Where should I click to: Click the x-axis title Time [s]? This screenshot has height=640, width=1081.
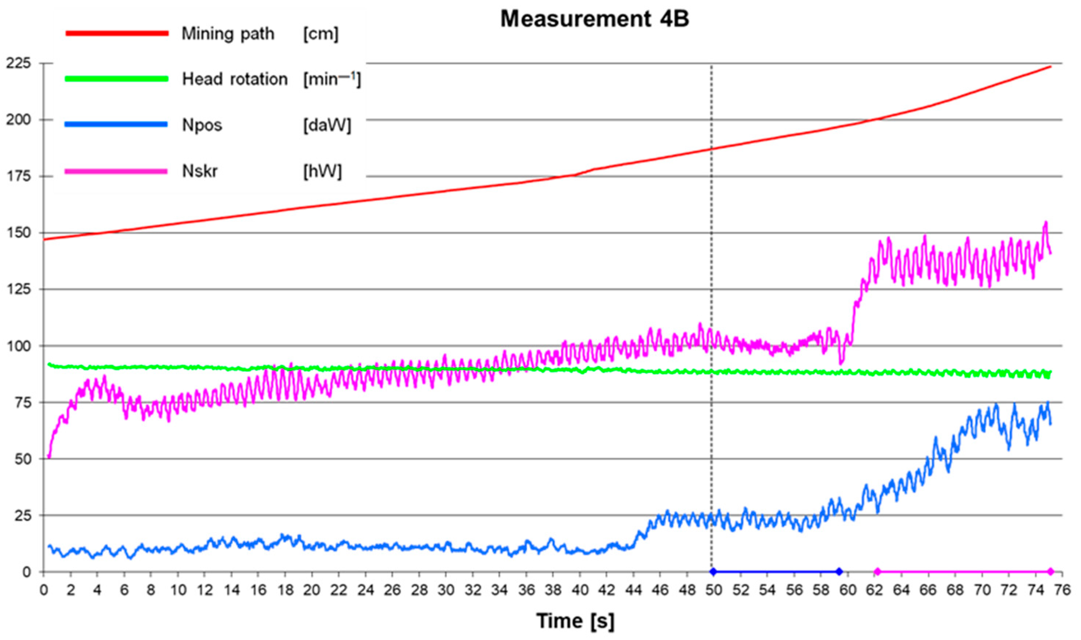[575, 621]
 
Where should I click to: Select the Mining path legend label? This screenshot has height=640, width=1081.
[228, 34]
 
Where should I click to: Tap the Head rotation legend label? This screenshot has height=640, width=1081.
[235, 79]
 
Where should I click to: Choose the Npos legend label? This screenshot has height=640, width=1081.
[202, 125]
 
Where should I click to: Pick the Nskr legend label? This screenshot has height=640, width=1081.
[200, 171]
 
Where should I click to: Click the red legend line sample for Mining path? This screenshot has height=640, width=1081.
[116, 33]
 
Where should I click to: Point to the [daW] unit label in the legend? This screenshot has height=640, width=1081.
[327, 125]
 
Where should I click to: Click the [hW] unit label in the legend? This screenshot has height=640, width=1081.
[322, 171]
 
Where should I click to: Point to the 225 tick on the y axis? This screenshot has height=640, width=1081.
[19, 64]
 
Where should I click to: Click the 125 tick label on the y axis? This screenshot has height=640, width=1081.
[19, 290]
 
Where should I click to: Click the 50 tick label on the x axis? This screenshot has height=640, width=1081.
[714, 590]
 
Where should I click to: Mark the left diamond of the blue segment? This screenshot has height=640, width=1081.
[713, 572]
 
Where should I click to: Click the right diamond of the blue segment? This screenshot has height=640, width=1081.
[839, 572]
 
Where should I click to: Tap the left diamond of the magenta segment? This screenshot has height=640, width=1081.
[877, 572]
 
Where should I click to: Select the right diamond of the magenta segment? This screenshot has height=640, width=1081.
[1050, 572]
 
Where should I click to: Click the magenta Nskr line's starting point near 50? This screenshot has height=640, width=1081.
[49, 456]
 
